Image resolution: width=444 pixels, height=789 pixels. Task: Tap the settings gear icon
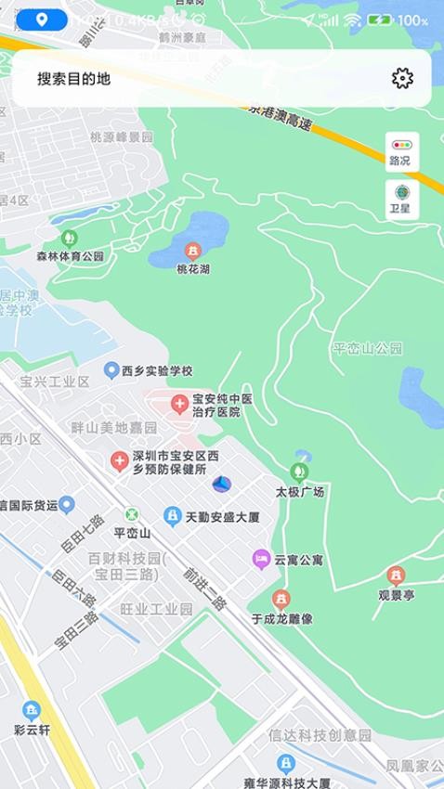[402, 78]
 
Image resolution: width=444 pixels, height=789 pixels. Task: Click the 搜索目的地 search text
[74, 79]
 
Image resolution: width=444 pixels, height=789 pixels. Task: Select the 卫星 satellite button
[402, 199]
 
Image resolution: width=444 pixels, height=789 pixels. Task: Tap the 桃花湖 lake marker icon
[193, 251]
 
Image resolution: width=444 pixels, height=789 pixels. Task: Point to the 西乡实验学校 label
[157, 370]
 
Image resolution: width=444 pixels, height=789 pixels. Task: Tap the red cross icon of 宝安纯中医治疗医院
[179, 404]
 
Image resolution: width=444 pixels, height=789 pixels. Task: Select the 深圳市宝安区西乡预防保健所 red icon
[119, 460]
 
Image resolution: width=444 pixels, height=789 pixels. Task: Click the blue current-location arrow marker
[221, 484]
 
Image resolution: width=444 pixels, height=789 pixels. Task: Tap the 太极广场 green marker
[299, 472]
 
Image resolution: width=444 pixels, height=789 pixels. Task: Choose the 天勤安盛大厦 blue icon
[172, 515]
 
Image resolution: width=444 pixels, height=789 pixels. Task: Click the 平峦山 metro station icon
[131, 515]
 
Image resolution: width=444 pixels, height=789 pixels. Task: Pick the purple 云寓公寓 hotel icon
[261, 559]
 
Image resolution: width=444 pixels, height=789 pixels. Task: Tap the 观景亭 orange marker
[396, 575]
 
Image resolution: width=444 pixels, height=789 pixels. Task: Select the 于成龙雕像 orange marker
[281, 599]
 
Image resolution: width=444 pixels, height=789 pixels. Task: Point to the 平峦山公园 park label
[368, 349]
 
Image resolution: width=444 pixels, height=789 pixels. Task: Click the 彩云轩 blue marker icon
[32, 711]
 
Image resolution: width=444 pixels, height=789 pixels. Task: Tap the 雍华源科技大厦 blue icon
[286, 764]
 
